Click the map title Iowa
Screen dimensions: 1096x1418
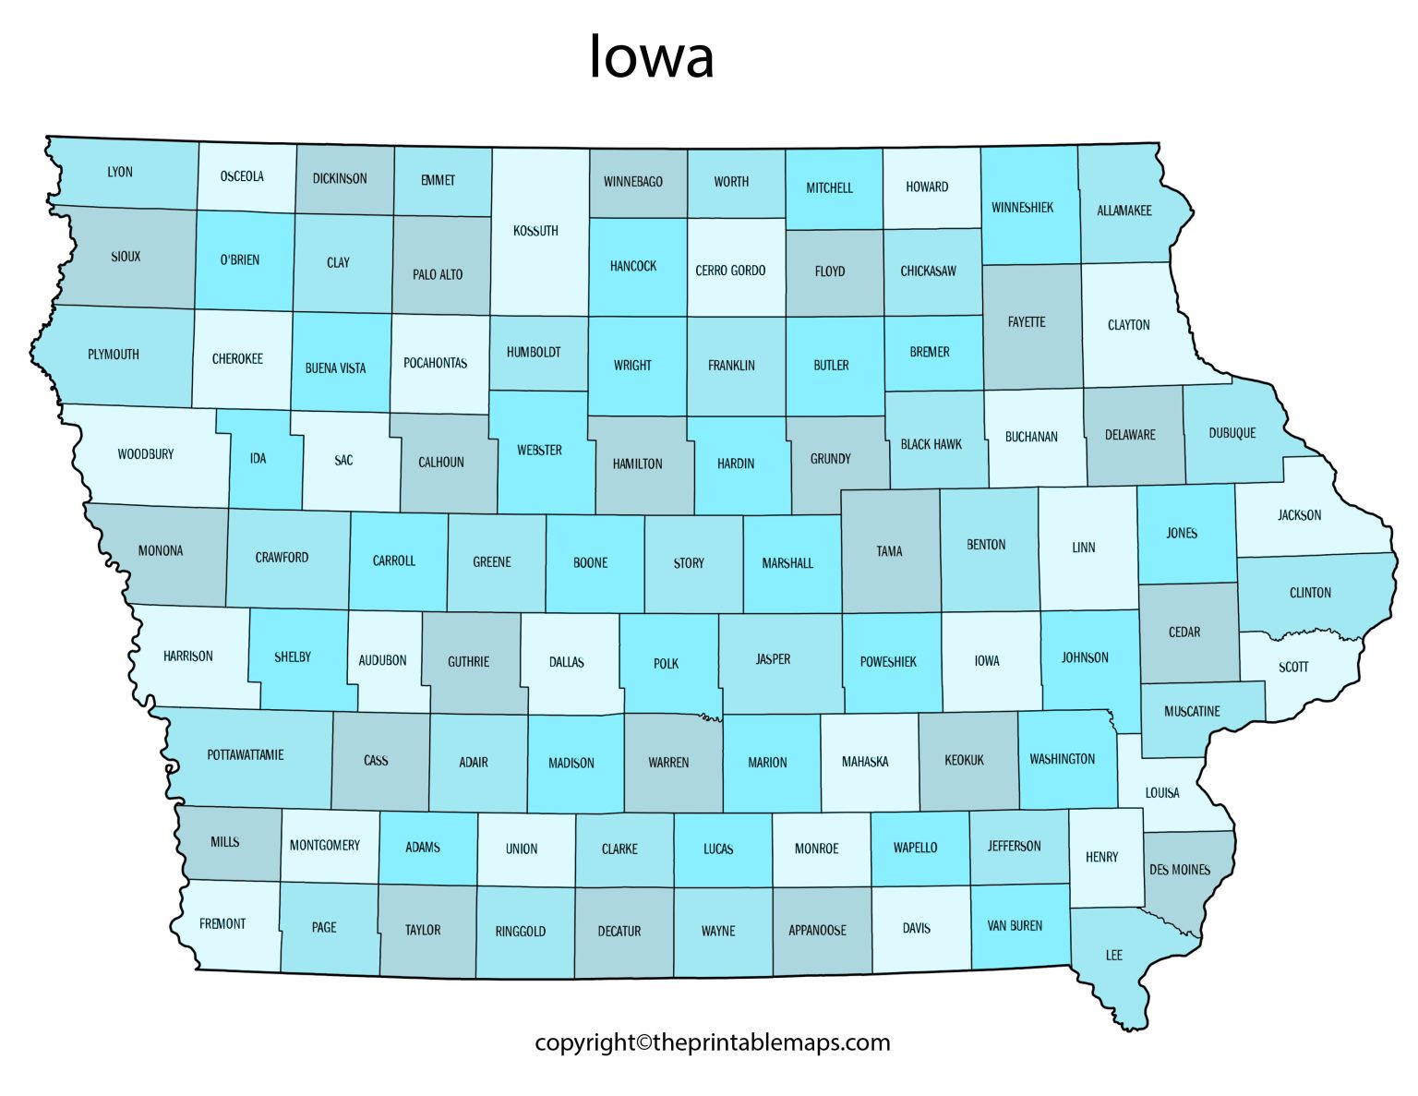[x=652, y=57]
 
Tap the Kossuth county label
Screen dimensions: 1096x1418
[x=535, y=231]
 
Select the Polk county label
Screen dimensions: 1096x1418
[x=666, y=663]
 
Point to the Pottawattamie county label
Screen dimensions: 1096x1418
[x=246, y=755]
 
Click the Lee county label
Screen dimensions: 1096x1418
[x=1114, y=955]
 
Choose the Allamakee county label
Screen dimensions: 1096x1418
[x=1124, y=211]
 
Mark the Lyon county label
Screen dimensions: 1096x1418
[x=120, y=173]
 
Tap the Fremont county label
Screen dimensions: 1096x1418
[x=222, y=923]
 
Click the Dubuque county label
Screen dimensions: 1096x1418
[x=1232, y=433]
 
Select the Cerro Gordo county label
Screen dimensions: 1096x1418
[x=730, y=271]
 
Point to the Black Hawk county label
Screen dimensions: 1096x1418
[x=931, y=444]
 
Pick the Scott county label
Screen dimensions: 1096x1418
[x=1293, y=667]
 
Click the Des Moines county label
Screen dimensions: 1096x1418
[x=1179, y=870]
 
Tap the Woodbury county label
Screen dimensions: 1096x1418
[x=146, y=454]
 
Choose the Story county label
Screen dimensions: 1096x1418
[x=689, y=562]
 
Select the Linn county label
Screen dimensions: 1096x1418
[x=1084, y=548]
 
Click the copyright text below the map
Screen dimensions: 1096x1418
[x=712, y=1042]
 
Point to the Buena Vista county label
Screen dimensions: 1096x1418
[x=335, y=368]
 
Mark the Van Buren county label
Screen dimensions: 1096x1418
[x=1015, y=925]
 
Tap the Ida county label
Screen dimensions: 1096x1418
[x=258, y=458]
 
